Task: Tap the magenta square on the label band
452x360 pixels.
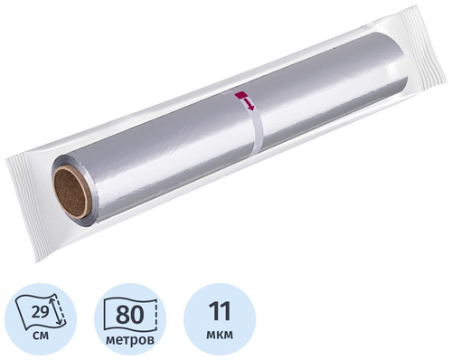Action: pos(241,95)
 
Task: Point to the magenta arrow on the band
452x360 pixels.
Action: pos(250,103)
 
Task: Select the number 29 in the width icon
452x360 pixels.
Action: pos(40,313)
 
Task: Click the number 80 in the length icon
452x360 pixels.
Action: pos(130,315)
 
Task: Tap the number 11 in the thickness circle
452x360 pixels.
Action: pos(221,310)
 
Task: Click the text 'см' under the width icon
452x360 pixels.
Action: pos(41,336)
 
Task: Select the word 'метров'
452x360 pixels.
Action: pos(130,340)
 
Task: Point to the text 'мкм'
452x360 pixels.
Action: pos(220,335)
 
